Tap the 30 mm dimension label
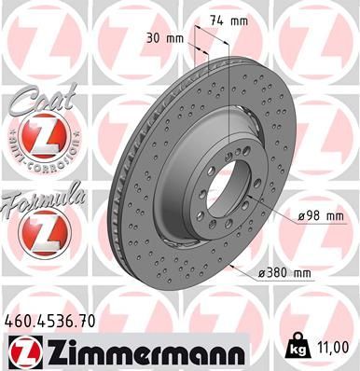coord(165,37)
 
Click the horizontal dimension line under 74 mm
coord(213,30)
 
